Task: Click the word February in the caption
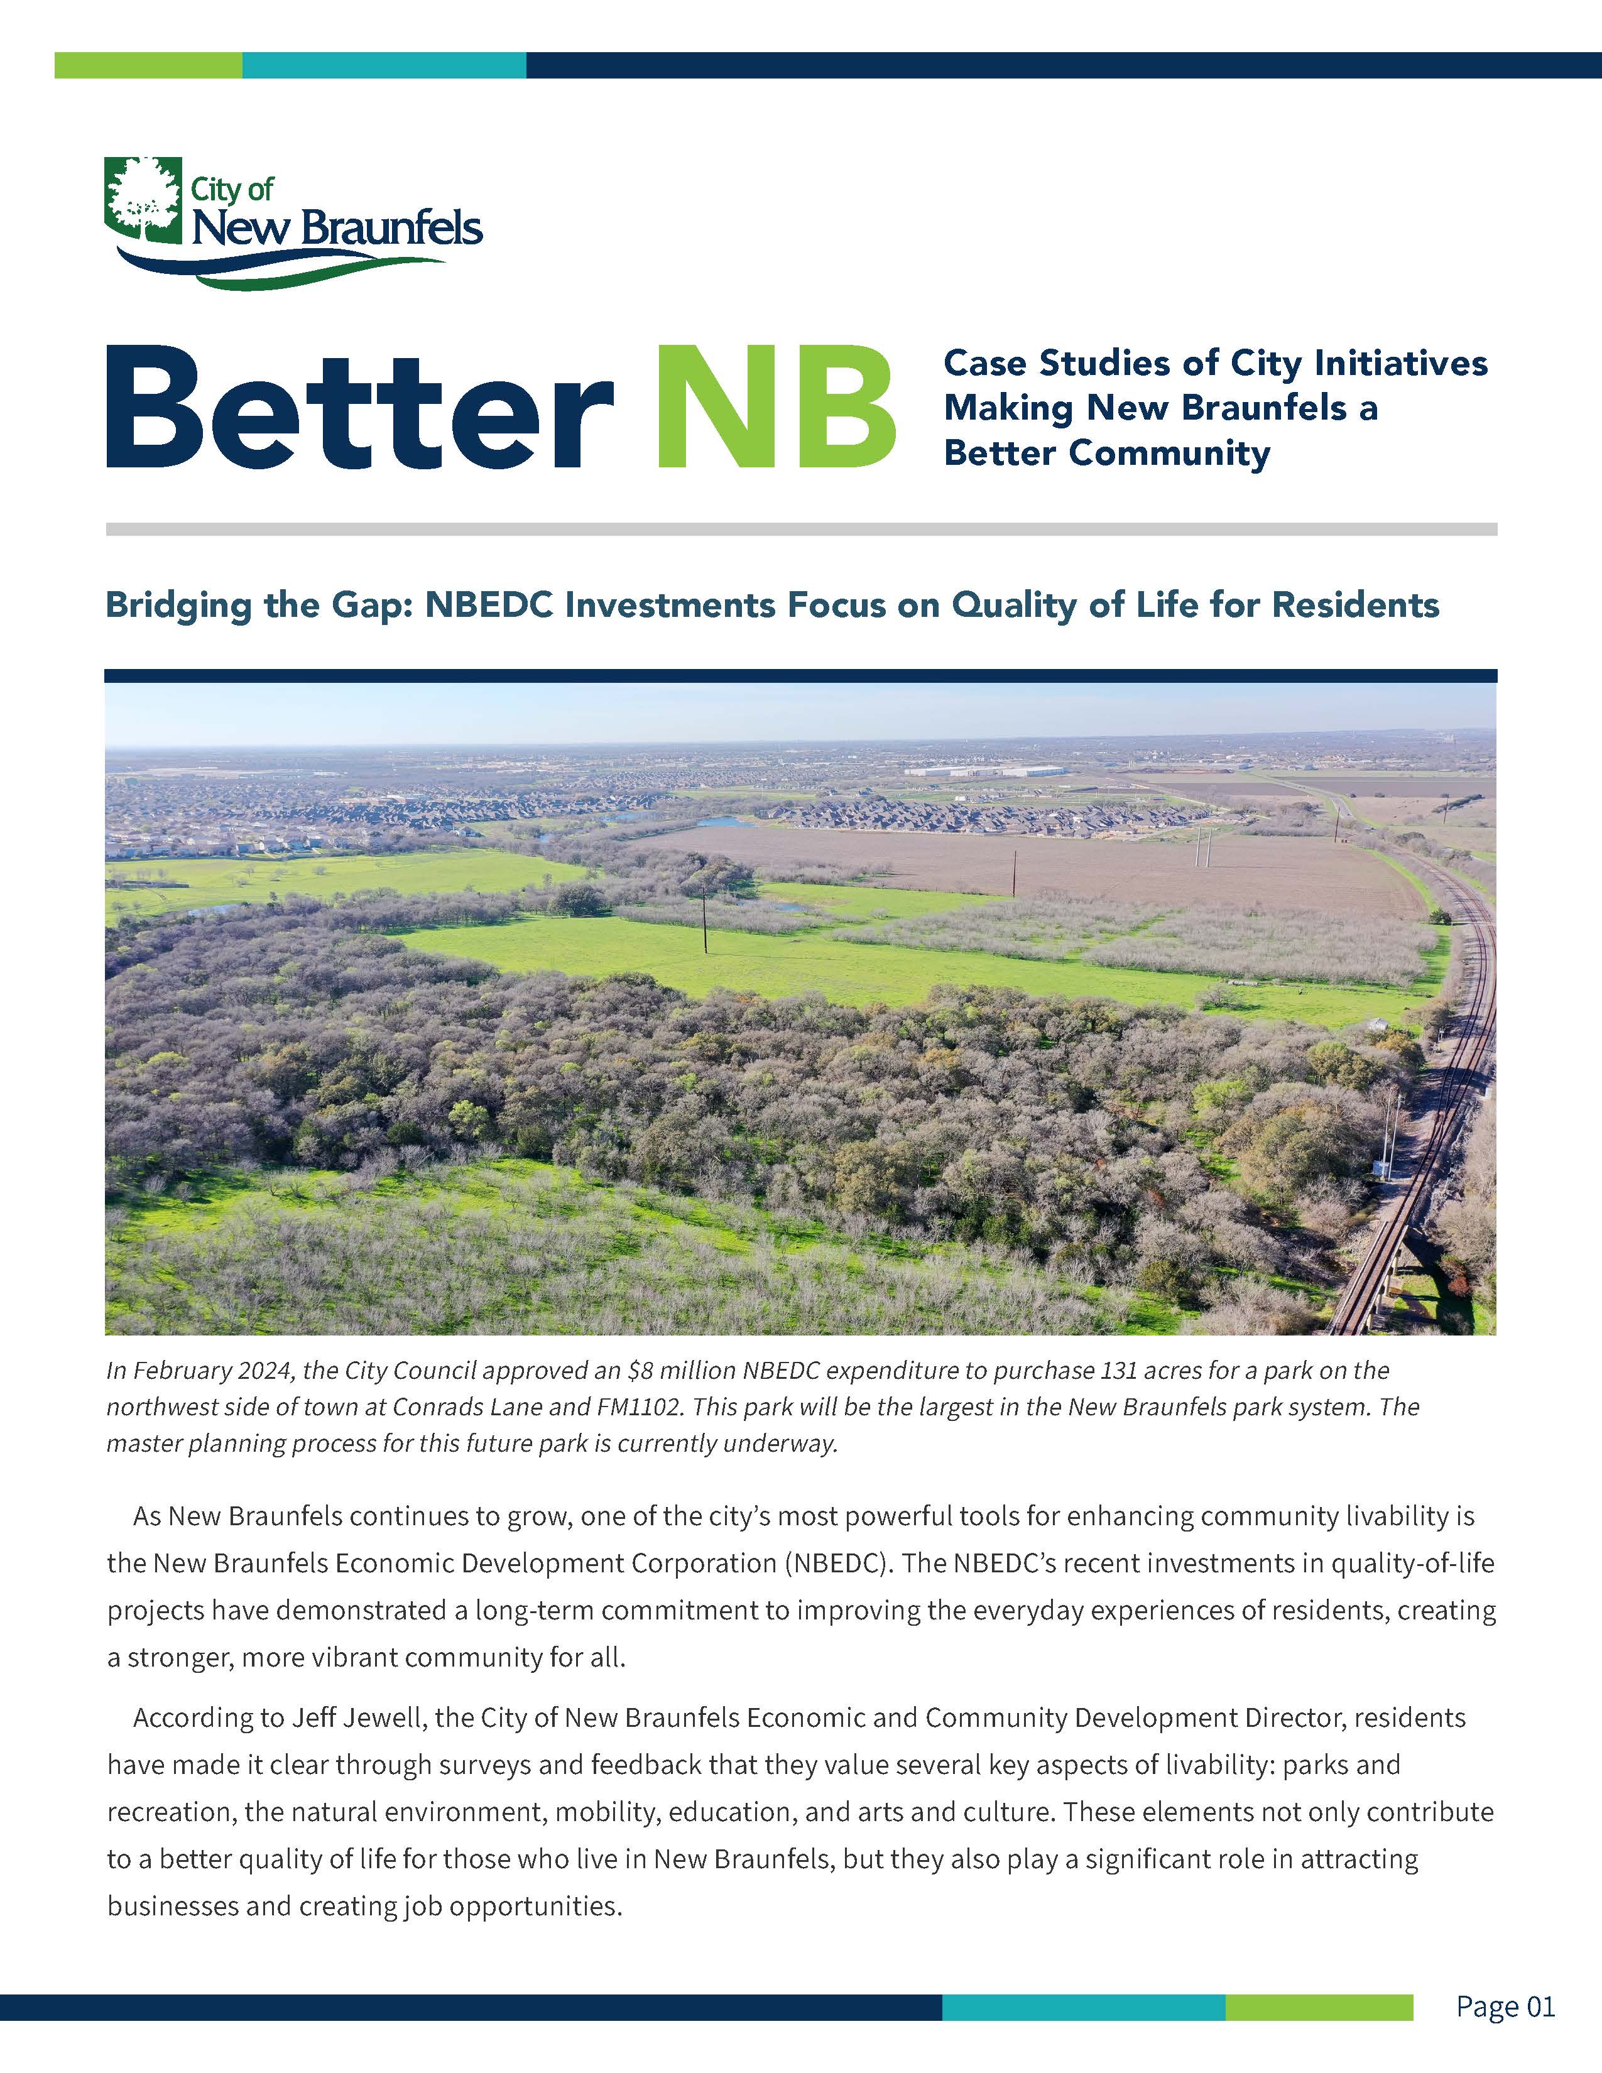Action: coord(177,1371)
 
